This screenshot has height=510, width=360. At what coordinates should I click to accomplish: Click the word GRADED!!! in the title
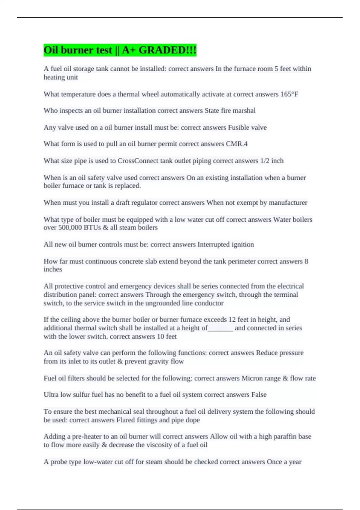pos(167,50)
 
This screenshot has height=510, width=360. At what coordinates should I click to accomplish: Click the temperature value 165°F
pos(289,94)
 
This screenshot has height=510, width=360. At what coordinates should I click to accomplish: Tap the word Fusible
pos(238,127)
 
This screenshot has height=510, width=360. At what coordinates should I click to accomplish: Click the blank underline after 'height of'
pos(220,328)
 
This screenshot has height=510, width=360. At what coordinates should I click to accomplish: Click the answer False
pos(259,395)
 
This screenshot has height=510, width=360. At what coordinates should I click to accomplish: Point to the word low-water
pos(98,462)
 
